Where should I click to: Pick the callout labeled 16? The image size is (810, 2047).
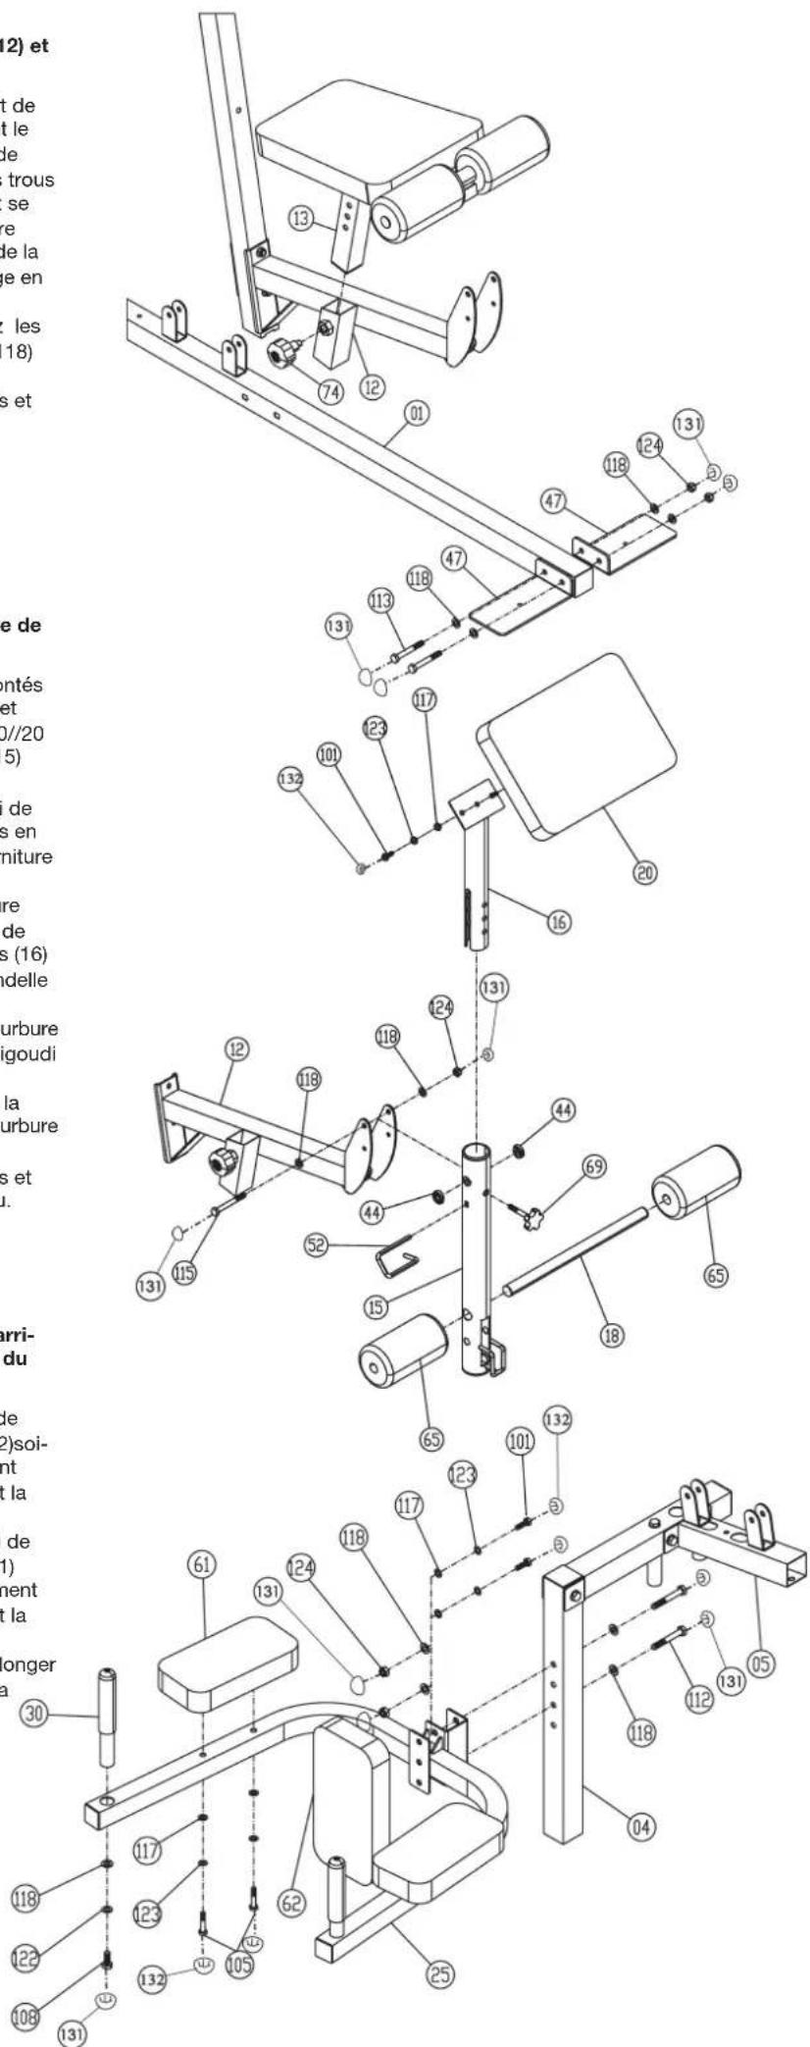pyautogui.click(x=562, y=921)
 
